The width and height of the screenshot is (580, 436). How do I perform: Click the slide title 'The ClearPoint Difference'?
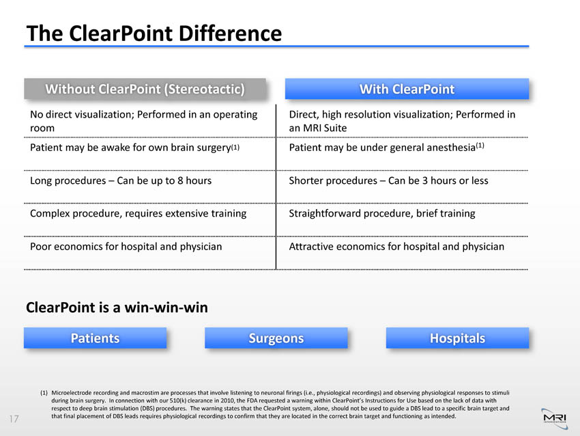(x=154, y=33)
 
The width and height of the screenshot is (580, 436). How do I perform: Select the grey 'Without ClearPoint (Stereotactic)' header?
(x=145, y=89)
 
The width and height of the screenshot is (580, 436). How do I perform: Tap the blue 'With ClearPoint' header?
(x=407, y=89)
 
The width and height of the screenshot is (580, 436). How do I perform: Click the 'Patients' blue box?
(x=95, y=338)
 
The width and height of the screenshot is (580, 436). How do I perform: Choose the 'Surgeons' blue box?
(x=276, y=338)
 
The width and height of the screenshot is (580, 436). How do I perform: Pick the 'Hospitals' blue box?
(x=458, y=338)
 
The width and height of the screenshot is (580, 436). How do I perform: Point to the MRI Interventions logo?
(x=555, y=419)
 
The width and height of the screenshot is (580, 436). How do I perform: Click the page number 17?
(x=14, y=419)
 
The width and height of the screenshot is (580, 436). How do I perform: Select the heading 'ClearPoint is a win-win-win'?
(x=117, y=308)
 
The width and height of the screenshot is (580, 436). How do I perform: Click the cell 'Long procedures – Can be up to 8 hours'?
(x=121, y=181)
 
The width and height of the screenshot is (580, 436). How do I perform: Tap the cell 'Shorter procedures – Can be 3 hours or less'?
(x=388, y=181)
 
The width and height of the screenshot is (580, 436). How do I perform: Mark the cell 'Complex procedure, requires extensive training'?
(x=139, y=214)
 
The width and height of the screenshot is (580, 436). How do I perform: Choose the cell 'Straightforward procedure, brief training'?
(x=382, y=214)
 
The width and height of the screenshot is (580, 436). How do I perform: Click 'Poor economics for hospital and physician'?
(x=126, y=247)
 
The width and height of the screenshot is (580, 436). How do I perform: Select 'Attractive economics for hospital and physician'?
(x=396, y=247)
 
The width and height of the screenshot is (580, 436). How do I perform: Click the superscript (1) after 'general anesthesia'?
(x=480, y=145)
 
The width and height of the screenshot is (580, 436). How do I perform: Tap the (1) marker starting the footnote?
(x=44, y=393)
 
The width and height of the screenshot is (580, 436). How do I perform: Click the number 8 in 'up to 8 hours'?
(x=180, y=181)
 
